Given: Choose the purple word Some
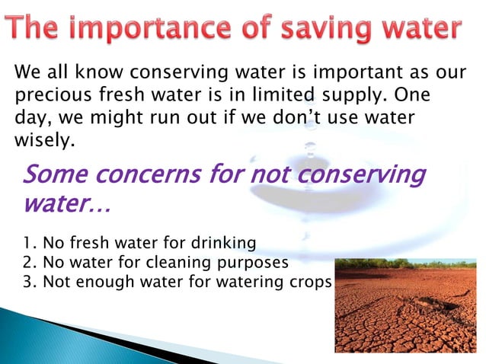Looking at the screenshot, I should [x=57, y=176].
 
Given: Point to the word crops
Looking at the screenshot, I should [x=310, y=281].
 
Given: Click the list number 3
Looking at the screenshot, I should [x=27, y=281].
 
